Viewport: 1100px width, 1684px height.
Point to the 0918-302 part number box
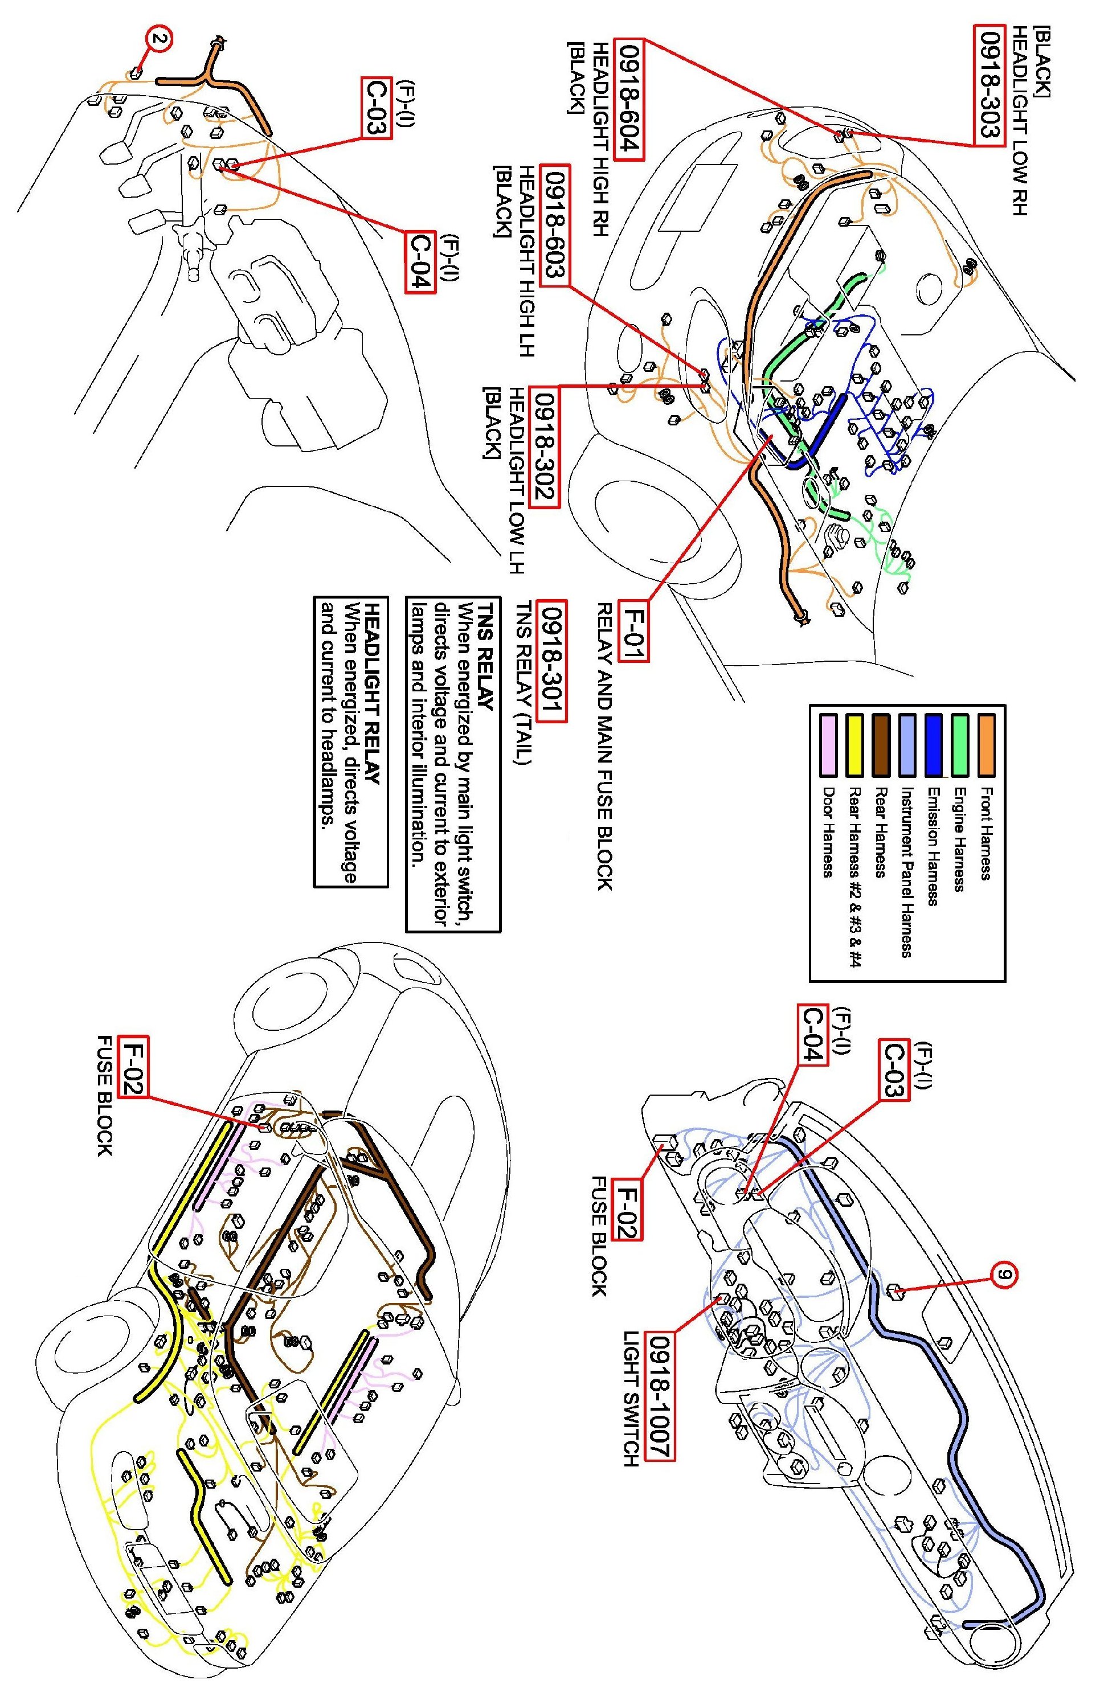click(x=545, y=446)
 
